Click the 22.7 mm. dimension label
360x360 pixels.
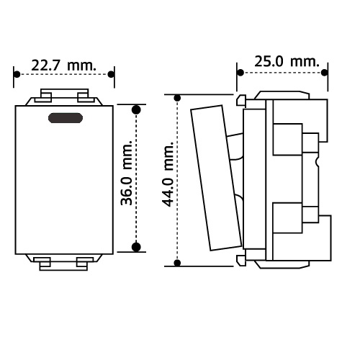63,66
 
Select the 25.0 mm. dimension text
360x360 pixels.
287,61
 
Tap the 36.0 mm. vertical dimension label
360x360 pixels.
126,173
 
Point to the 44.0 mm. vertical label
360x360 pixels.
168,174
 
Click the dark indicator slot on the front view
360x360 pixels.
66,118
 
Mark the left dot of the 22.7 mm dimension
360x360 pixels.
17,74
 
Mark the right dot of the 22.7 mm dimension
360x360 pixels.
111,74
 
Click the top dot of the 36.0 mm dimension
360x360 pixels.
136,109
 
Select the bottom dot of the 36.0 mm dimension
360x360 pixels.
136,247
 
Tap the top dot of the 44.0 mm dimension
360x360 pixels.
177,98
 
